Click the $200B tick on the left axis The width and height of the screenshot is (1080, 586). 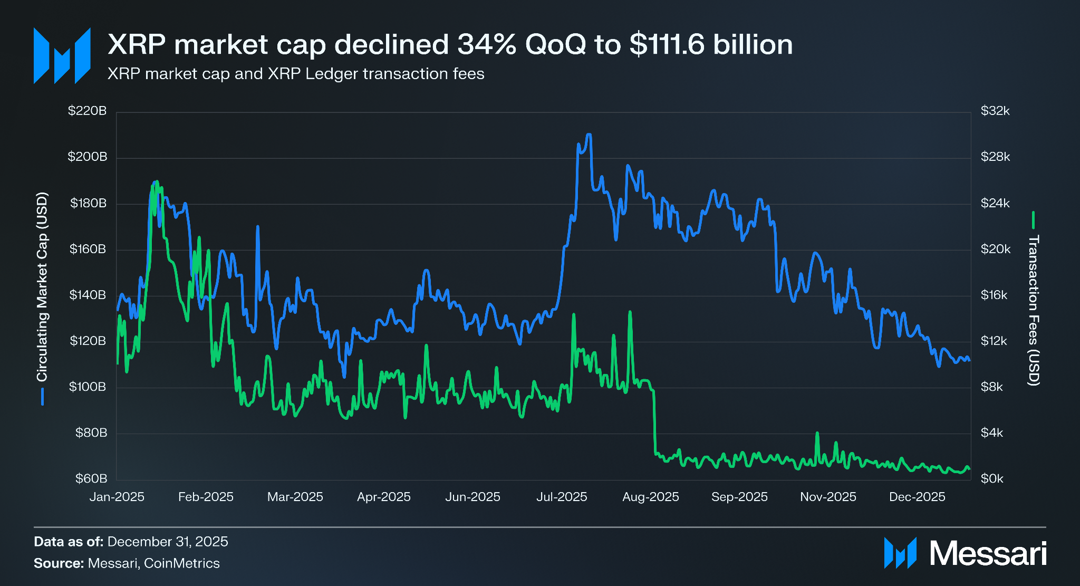coord(88,157)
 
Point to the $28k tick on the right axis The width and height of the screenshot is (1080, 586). coord(995,157)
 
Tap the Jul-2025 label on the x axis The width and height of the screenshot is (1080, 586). coord(562,497)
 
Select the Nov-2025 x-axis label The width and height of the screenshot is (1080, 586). coord(828,497)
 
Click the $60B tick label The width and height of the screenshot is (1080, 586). coord(91,478)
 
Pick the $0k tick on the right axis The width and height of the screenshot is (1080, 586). coord(992,478)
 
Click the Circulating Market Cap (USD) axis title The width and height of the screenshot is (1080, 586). coord(42,287)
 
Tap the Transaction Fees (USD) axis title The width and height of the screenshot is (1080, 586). coord(1034,310)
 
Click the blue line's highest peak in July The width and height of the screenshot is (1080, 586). coord(589,135)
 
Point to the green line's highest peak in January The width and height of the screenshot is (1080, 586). coord(157,182)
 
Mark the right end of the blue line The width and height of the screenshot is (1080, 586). coord(969,360)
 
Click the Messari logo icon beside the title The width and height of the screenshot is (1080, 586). coord(62,56)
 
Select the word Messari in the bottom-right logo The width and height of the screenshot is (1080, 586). coord(988,554)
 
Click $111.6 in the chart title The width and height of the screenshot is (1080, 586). coord(667,44)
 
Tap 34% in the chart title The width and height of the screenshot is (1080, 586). coord(487,44)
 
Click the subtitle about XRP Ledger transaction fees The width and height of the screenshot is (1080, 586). coord(296,74)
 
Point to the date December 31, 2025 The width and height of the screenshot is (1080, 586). coord(168,542)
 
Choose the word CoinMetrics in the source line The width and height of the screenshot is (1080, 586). coord(181,563)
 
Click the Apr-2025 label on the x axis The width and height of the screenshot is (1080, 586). coord(384,497)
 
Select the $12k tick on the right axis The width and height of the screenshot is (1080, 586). coord(994,341)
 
